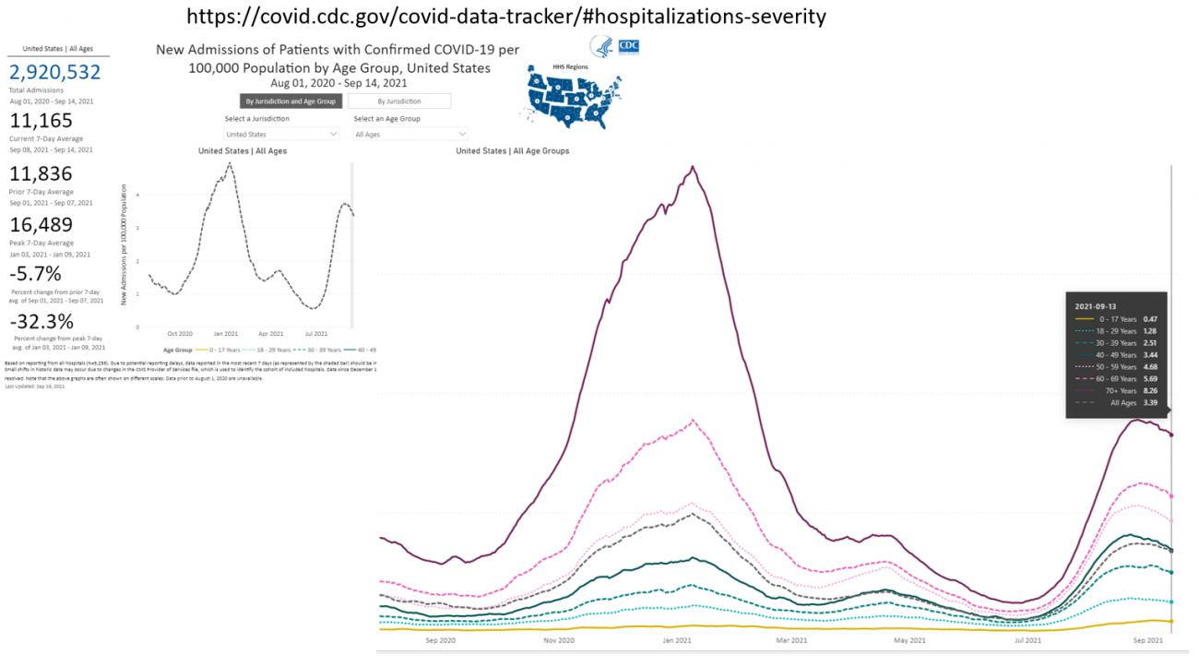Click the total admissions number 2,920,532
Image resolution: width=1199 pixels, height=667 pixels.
coord(55,73)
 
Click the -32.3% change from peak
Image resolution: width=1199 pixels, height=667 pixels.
coord(42,322)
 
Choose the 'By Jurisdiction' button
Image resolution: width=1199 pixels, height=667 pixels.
coord(398,101)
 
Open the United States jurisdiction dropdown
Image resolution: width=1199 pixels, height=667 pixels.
coord(281,135)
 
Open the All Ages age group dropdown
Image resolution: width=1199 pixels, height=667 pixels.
coord(410,135)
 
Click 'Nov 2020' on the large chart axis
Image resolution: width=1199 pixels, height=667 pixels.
coord(559,640)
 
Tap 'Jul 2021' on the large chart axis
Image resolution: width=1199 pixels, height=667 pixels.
coord(1027,640)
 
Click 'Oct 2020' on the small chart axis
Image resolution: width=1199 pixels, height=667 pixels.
coord(179,333)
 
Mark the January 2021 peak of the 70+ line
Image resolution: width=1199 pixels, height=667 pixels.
coord(692,167)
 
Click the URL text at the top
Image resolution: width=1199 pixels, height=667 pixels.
coord(505,17)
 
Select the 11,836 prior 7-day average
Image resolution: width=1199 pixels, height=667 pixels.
coord(41,174)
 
